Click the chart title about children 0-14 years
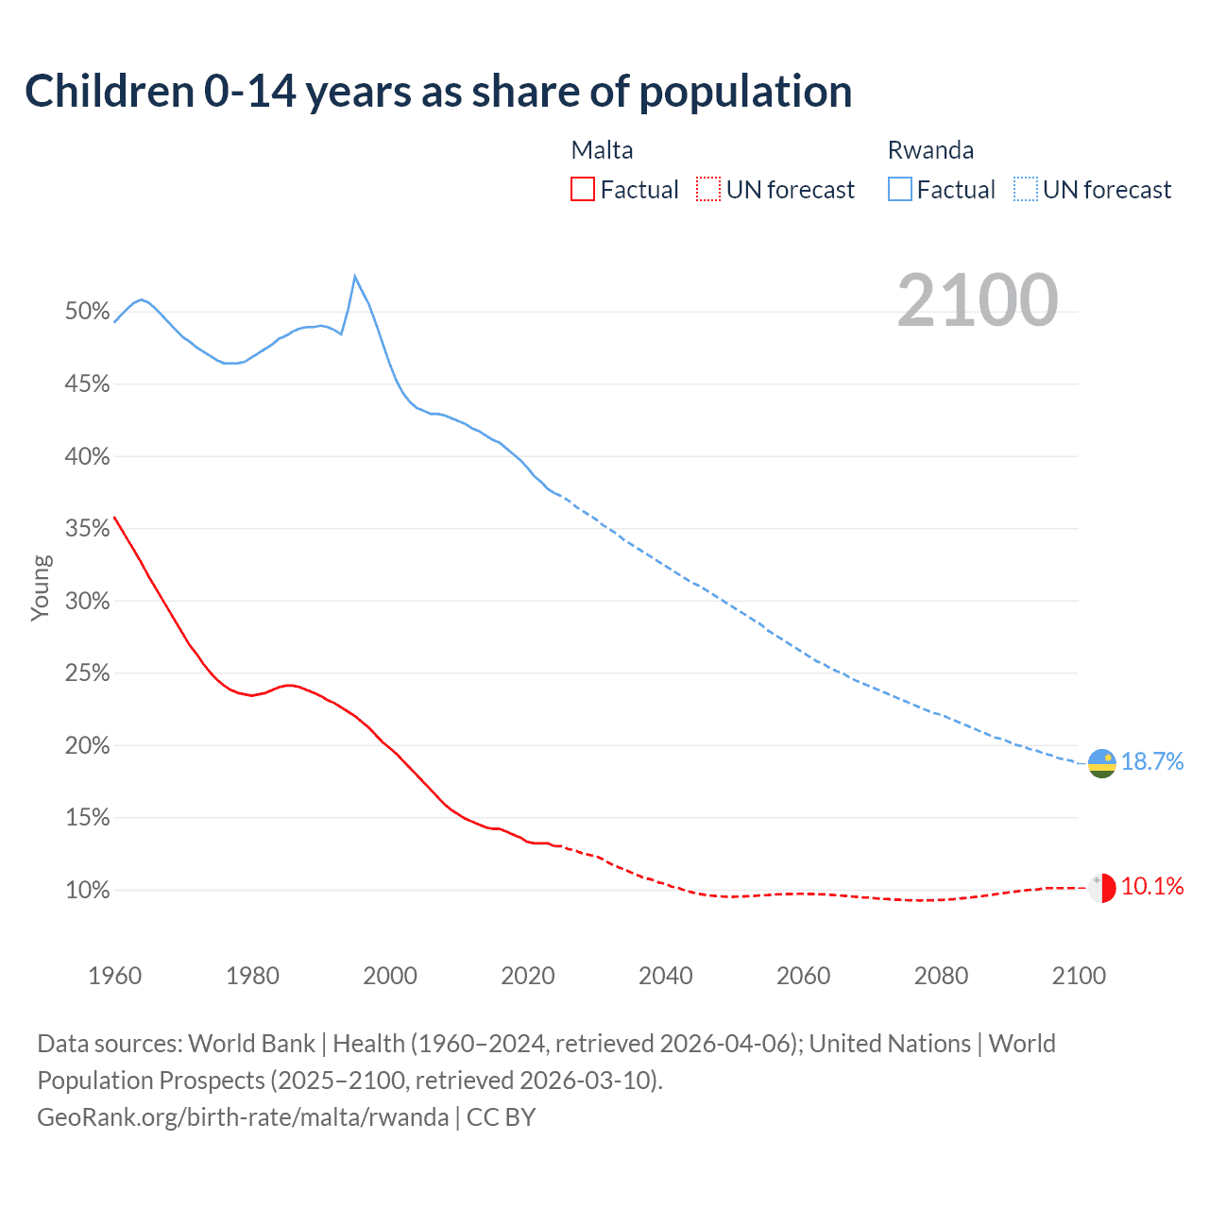(438, 92)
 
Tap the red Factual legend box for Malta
(583, 190)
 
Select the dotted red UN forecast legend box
(708, 190)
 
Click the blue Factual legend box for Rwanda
(900, 190)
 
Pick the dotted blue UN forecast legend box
(1026, 190)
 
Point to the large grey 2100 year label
(978, 300)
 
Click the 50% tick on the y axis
(88, 312)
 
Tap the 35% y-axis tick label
(88, 529)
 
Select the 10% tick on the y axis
(88, 891)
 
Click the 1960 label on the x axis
(114, 976)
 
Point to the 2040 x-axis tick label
(665, 976)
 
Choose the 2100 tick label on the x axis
(1078, 976)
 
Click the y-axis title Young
(41, 587)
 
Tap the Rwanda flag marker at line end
(1101, 763)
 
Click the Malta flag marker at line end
(1101, 888)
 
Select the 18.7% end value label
(1152, 762)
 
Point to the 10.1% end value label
(1152, 887)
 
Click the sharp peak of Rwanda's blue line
(354, 277)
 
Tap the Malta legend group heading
(602, 150)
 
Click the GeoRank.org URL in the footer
(243, 1117)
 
